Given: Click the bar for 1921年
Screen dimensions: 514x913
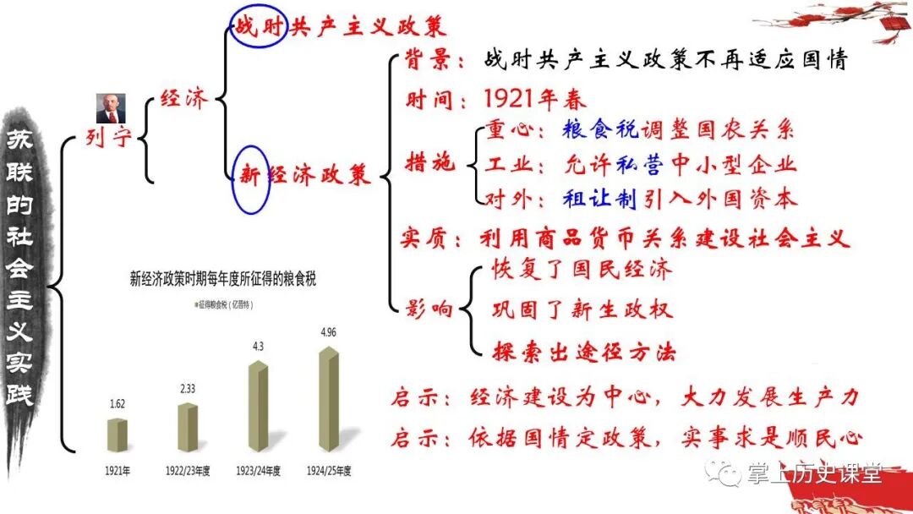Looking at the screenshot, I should [118, 433].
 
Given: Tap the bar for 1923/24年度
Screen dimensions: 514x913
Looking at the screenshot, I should [258, 405].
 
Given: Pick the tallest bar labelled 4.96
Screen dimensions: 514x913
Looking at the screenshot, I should [330, 398].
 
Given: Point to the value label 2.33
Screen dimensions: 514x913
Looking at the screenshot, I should [189, 389].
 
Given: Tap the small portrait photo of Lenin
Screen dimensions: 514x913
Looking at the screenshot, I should [107, 107].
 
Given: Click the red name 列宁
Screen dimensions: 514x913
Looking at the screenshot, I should [109, 138].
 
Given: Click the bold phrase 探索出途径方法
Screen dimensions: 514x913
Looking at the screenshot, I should [583, 352].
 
